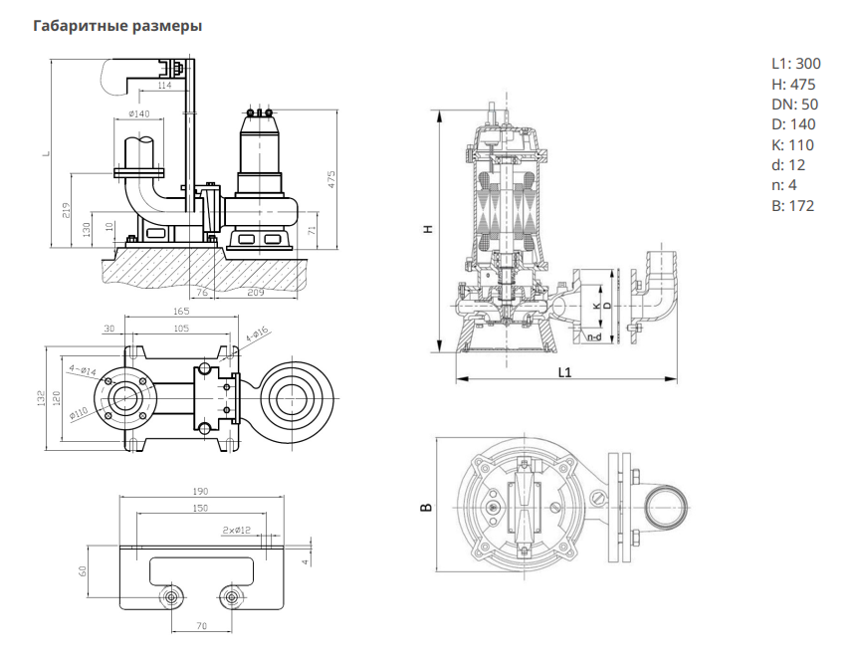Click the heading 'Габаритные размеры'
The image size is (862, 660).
pyautogui.click(x=117, y=26)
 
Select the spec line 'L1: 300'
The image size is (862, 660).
pyautogui.click(x=794, y=64)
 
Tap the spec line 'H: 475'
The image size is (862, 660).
pyautogui.click(x=792, y=85)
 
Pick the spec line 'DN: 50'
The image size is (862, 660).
pyautogui.click(x=794, y=105)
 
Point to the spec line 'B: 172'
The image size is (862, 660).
pyautogui.click(x=792, y=206)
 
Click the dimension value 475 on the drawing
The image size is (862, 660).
pyautogui.click(x=331, y=179)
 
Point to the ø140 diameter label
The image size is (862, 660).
pyautogui.click(x=139, y=114)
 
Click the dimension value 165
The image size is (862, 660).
pyautogui.click(x=180, y=312)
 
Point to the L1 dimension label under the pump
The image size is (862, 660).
pyautogui.click(x=564, y=372)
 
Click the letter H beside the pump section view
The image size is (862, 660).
pyautogui.click(x=429, y=229)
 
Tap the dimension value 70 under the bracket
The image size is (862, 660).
pyautogui.click(x=202, y=626)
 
